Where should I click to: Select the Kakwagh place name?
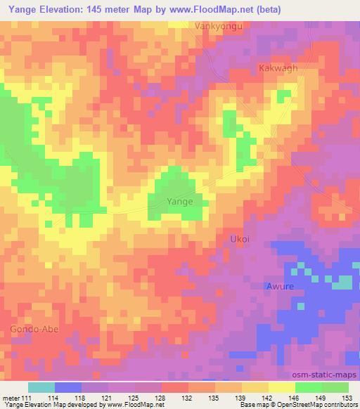click(278, 68)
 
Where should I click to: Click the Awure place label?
click(279, 286)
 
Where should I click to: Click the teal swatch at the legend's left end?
click(41, 387)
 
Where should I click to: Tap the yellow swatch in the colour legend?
click(281, 387)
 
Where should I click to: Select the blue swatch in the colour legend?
click(68, 387)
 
